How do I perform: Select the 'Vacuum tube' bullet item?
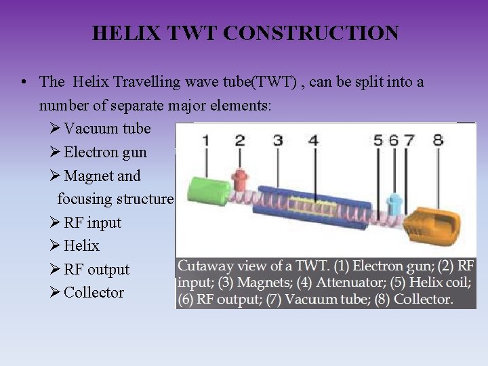[107, 128]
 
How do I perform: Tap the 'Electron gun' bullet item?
[105, 152]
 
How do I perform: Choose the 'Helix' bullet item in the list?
[81, 245]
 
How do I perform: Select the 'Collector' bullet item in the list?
[94, 292]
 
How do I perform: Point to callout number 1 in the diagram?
[205, 140]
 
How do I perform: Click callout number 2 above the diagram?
[239, 140]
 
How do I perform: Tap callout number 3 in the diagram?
[278, 140]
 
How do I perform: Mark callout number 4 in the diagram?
[313, 140]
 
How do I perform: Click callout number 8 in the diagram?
[438, 140]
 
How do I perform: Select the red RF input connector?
[240, 180]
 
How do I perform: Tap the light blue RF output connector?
[392, 203]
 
